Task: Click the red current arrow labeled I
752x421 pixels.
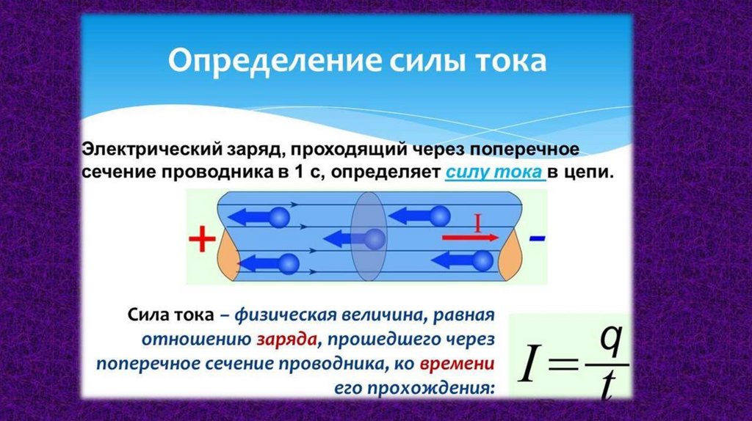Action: [470, 238]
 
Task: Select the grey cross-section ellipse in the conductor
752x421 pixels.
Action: [368, 239]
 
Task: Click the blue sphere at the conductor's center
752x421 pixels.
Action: [375, 239]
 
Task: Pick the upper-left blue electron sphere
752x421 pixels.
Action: [280, 217]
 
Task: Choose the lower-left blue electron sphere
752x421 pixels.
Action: [289, 262]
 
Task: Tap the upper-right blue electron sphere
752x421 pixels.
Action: [440, 216]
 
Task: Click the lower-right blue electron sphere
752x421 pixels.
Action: [482, 260]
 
